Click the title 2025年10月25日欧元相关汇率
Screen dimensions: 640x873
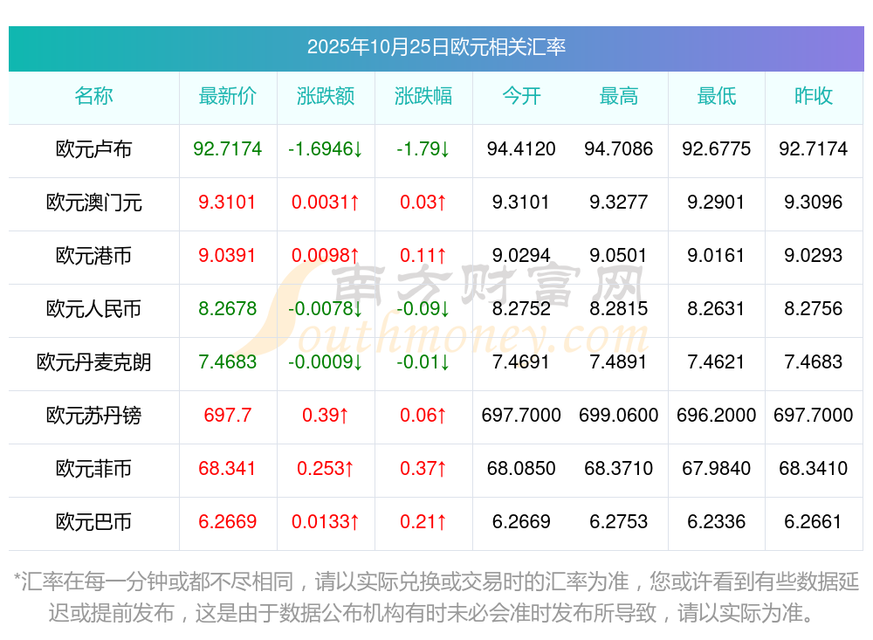pyautogui.click(x=436, y=46)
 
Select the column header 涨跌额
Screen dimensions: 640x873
pyautogui.click(x=326, y=96)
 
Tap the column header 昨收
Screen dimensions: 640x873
pyautogui.click(x=813, y=96)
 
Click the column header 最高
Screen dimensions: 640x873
pyautogui.click(x=619, y=96)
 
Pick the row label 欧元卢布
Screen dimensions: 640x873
pyautogui.click(x=93, y=149)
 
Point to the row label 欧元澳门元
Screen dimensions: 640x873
pyautogui.click(x=93, y=203)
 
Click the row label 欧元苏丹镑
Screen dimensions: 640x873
pyautogui.click(x=93, y=416)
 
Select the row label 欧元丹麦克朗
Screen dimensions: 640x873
pyautogui.click(x=93, y=362)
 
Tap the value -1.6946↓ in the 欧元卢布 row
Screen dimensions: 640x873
pyautogui.click(x=326, y=149)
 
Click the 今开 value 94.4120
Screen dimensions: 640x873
pyautogui.click(x=521, y=149)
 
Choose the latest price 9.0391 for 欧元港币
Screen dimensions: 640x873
pyautogui.click(x=227, y=256)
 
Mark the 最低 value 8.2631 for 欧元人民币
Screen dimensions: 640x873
pyautogui.click(x=716, y=309)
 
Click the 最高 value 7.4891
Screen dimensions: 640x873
pyautogui.click(x=619, y=362)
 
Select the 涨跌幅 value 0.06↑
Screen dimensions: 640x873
pyautogui.click(x=423, y=416)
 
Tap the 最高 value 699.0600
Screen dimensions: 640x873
pyautogui.click(x=619, y=416)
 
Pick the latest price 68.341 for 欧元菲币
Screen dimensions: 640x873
pyautogui.click(x=227, y=469)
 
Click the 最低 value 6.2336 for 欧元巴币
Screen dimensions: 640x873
pyautogui.click(x=716, y=522)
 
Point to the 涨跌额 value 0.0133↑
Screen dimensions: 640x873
pyautogui.click(x=326, y=522)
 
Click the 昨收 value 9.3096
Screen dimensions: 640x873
pyautogui.click(x=813, y=203)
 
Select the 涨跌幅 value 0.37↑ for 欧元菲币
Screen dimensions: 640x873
pyautogui.click(x=423, y=469)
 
